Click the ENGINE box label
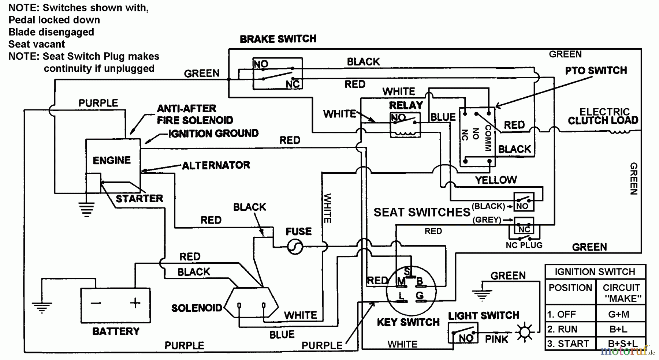click(112, 161)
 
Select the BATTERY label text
click(116, 331)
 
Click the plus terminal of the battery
click(135, 303)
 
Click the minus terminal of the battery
click(96, 303)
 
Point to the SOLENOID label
click(197, 308)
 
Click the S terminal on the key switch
click(407, 271)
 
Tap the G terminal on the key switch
click(420, 296)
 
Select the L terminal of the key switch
click(402, 296)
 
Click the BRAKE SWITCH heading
click(278, 39)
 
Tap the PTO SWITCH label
click(596, 71)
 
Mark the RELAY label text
click(406, 106)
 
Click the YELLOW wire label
click(496, 180)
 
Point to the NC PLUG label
click(524, 245)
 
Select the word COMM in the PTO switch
click(488, 138)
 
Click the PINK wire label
click(496, 340)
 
